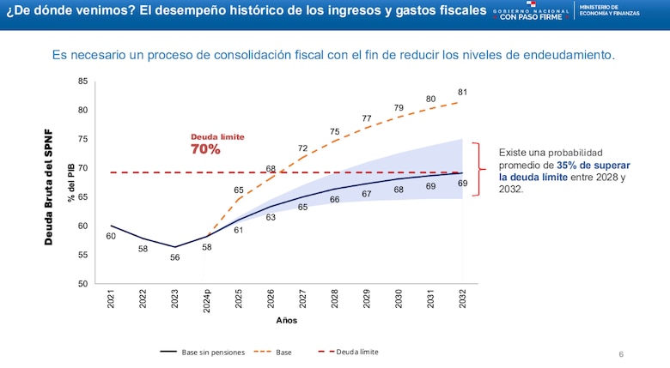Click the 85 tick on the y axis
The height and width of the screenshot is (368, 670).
82,81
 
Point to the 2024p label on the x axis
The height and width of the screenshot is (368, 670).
207,300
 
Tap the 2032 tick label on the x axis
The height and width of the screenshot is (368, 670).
463,298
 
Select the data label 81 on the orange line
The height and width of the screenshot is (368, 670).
462,92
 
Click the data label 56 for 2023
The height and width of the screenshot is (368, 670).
174,257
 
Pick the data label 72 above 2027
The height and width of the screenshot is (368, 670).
302,148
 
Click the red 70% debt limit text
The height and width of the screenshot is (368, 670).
205,149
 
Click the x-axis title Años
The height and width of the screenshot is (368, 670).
287,320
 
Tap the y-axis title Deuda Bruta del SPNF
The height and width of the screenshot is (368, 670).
50,188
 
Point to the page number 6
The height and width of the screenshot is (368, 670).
621,353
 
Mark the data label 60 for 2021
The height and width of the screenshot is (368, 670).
111,236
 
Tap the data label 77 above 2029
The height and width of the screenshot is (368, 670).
367,118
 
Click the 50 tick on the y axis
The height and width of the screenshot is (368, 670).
82,283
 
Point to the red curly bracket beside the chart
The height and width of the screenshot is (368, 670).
484,169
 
